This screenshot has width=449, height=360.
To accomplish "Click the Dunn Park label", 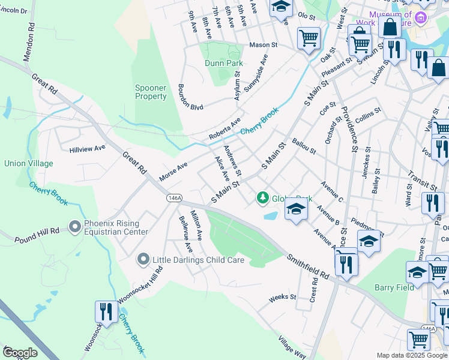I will point(223,63).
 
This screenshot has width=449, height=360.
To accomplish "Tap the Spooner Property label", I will point(150,92).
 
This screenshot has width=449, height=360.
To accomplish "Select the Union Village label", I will point(28,163).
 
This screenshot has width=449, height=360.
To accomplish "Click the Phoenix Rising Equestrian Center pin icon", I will point(75,227).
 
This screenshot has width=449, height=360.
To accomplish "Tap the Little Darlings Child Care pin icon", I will point(143,260).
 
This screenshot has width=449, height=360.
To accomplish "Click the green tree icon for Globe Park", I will point(262,197).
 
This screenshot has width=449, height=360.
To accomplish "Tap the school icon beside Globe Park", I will point(296,209).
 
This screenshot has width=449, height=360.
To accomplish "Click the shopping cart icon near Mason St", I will point(309,38).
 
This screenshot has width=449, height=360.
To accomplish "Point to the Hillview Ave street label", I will point(87,148).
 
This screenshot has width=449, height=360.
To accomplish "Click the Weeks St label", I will point(283,297).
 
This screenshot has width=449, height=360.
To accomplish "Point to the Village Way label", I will point(292,347).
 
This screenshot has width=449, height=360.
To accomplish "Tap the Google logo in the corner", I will point(19,353).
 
